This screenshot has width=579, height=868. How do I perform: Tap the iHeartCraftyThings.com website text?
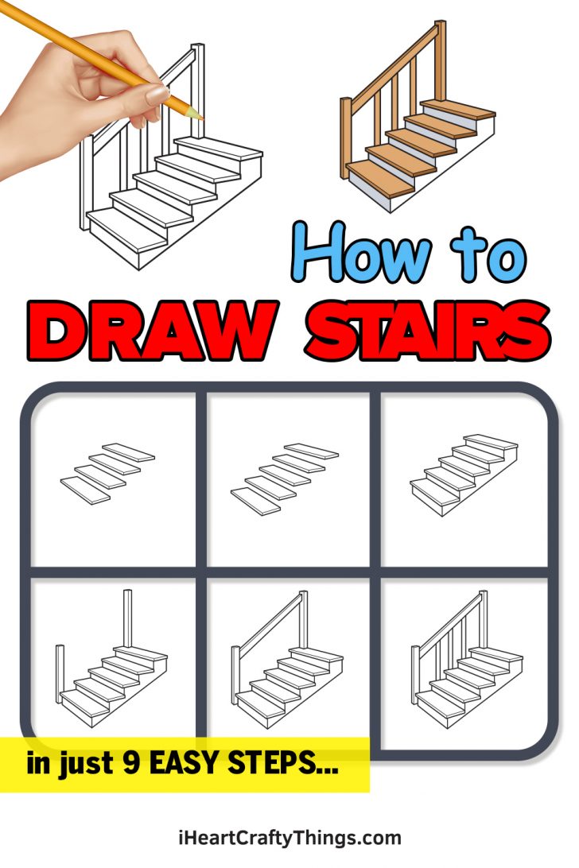tap(289, 837)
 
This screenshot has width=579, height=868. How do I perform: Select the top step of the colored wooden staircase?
tap(457, 109)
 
